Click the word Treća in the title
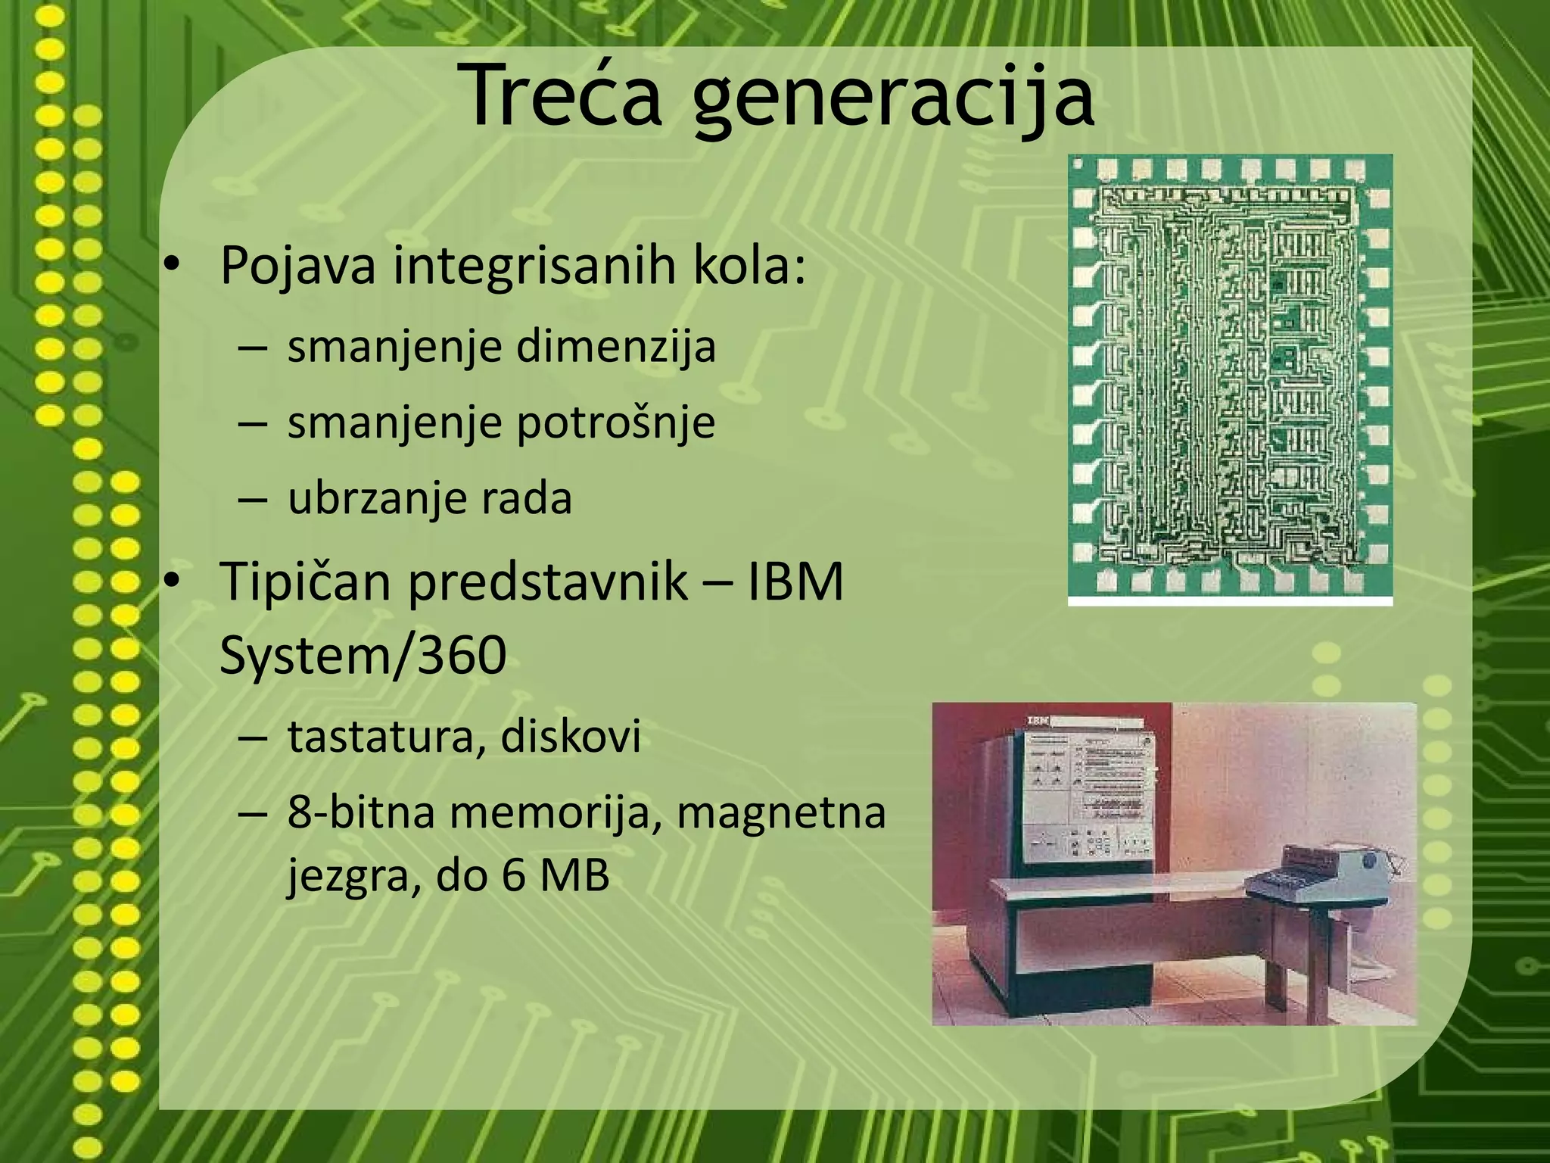click(563, 95)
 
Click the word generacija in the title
click(894, 98)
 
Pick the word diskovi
click(571, 735)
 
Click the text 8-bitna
click(361, 812)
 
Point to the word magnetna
click(780, 812)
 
